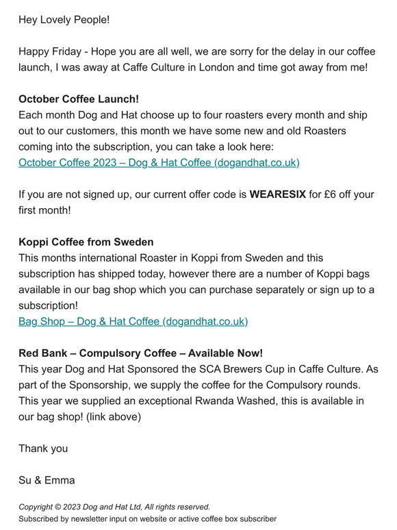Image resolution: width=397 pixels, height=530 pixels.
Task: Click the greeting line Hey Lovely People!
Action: click(x=64, y=19)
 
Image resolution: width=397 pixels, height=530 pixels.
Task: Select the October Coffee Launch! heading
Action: click(x=79, y=99)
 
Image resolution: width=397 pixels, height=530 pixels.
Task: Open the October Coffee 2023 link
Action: click(x=159, y=163)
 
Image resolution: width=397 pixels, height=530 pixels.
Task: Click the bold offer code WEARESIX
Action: click(x=277, y=194)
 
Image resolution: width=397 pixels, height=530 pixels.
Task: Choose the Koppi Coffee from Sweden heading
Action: click(x=86, y=242)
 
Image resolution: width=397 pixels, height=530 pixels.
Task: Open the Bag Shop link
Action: click(x=133, y=321)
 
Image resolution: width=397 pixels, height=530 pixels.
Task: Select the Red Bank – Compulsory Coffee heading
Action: click(x=140, y=353)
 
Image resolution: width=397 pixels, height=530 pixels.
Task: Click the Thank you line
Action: click(x=43, y=449)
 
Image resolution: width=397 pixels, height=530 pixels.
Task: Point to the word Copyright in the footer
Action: click(x=39, y=507)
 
